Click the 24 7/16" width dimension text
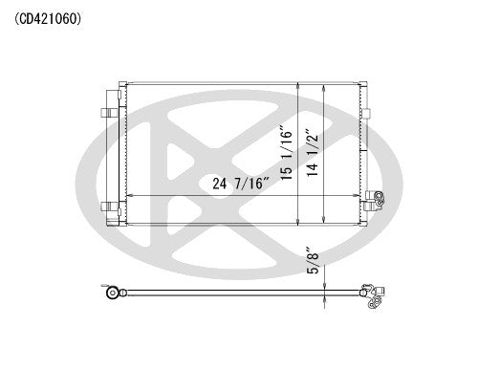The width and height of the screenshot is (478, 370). (x=229, y=185)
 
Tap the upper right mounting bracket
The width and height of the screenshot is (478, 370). (x=364, y=114)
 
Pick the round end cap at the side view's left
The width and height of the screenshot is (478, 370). (x=113, y=292)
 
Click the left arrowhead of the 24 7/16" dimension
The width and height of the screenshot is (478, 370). (x=129, y=195)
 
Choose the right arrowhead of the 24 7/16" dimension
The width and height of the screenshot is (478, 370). (x=357, y=195)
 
